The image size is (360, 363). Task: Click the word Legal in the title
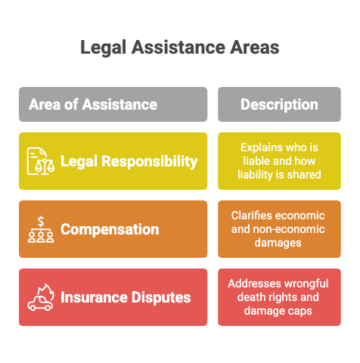[103, 48]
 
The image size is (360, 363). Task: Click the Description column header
[279, 104]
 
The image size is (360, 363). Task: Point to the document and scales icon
[41, 161]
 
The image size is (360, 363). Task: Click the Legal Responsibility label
[129, 162]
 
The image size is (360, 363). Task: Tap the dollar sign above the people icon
[41, 222]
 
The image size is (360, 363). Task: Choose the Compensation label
[110, 230]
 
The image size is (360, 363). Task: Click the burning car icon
[41, 297]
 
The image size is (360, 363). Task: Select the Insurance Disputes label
[126, 297]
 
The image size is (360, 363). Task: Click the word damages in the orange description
[278, 244]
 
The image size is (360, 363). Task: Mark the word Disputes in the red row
[161, 297]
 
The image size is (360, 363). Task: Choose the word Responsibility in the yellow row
[150, 162]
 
